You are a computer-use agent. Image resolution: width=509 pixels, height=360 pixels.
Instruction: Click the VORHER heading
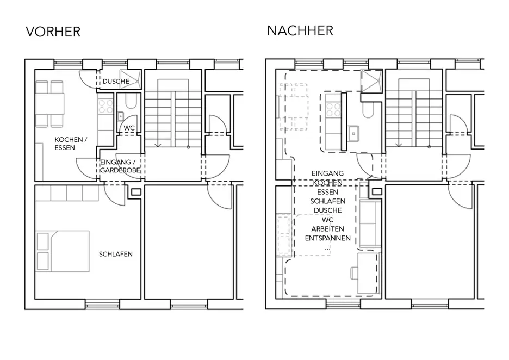click(x=53, y=32)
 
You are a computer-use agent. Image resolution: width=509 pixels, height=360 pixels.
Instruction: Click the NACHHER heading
click(x=300, y=31)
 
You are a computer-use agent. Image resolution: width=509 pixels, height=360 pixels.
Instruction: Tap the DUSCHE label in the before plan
click(x=116, y=81)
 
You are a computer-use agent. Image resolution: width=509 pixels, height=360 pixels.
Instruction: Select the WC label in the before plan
click(x=129, y=128)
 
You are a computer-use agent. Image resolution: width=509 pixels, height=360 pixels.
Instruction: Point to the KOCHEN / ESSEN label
click(x=71, y=144)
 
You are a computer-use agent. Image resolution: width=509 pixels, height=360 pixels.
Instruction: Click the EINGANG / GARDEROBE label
click(x=120, y=166)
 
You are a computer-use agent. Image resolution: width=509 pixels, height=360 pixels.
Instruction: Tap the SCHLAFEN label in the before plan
click(x=116, y=254)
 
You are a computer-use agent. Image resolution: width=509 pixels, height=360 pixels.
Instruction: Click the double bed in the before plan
click(x=63, y=251)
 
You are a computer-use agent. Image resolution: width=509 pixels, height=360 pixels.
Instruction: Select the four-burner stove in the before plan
click(x=105, y=107)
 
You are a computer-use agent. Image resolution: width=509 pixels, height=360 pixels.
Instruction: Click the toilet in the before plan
click(x=132, y=101)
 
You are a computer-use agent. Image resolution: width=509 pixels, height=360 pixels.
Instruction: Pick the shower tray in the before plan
click(x=131, y=79)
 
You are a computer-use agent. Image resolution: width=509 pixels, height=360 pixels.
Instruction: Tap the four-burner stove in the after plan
click(x=333, y=109)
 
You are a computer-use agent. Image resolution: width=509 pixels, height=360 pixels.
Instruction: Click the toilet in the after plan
click(x=368, y=110)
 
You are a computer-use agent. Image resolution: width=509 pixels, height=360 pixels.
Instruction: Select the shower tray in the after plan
click(x=371, y=80)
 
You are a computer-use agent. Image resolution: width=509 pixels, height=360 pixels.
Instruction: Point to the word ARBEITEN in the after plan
click(x=327, y=229)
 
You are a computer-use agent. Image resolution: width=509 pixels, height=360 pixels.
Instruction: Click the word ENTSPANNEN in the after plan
click(x=327, y=238)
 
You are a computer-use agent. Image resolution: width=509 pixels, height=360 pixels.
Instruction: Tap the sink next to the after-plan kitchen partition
click(x=353, y=133)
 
